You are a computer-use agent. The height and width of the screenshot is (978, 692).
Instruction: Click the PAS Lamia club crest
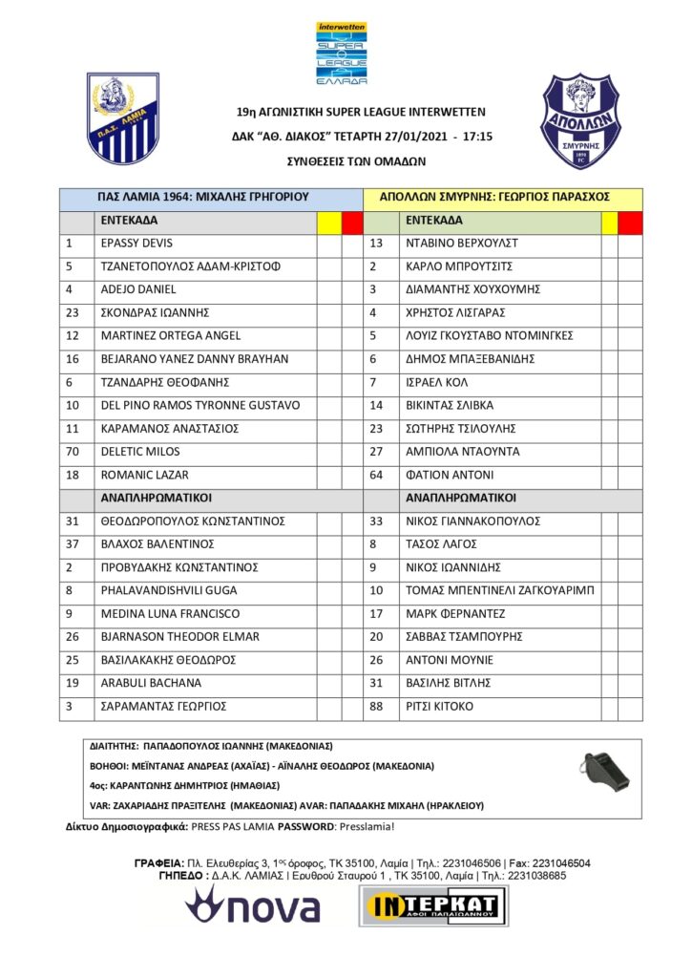[x=123, y=118]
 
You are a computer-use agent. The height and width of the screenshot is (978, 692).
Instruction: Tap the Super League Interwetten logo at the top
[x=342, y=54]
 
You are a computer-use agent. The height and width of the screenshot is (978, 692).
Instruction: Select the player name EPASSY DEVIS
[x=136, y=244]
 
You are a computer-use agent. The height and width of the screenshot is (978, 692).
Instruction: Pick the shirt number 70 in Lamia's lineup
[x=72, y=452]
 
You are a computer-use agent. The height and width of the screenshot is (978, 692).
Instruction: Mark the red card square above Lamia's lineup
[x=352, y=222]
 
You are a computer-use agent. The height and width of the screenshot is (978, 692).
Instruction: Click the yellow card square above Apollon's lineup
[x=609, y=222]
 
